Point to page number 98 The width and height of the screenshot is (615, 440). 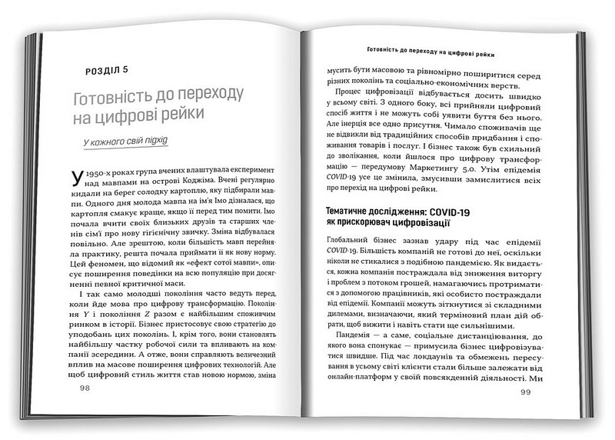click(85, 389)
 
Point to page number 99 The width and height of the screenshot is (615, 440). click(525, 393)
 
